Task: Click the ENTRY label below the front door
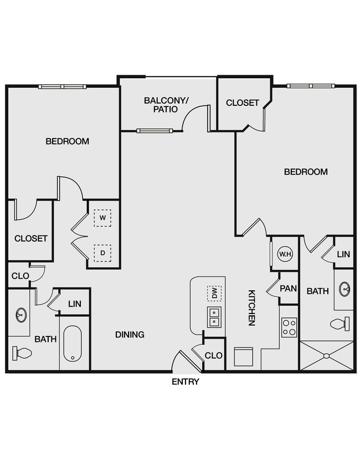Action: coord(185,382)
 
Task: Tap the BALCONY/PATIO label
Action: coord(166,105)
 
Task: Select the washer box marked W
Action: coord(102,218)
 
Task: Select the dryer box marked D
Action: coord(102,253)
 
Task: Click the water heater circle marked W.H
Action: coord(285,254)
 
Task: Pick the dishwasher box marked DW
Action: coord(214,293)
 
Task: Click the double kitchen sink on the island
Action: coord(214,316)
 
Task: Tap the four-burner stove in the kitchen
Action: coord(289,327)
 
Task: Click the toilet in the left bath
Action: coord(22,352)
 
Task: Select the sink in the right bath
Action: coord(344,289)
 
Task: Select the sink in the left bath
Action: coord(20,315)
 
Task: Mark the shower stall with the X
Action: coord(326,356)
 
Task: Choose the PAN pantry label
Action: coord(288,289)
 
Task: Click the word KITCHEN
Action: coord(252,308)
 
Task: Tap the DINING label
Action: coord(130,335)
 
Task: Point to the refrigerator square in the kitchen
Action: coord(244,357)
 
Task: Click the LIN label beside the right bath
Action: coord(343,254)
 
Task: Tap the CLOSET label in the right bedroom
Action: coord(242,103)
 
